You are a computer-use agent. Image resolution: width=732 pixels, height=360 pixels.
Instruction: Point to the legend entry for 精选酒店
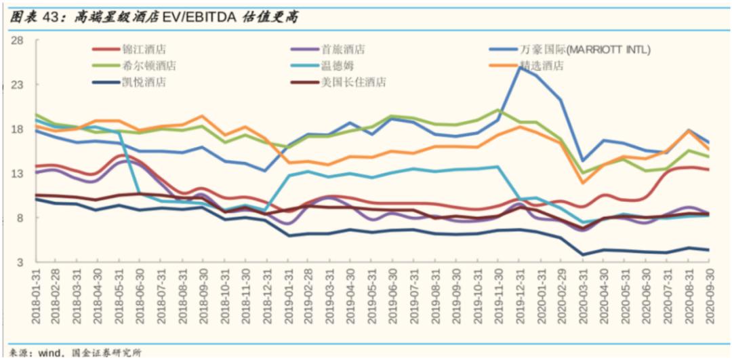[x=542, y=66]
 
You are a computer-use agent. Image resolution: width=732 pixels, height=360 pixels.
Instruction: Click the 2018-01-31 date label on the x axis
[x=36, y=296]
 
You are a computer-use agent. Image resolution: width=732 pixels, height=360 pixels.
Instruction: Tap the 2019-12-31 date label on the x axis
[x=521, y=296]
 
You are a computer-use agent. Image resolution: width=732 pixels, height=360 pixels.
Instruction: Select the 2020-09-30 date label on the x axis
[x=710, y=296]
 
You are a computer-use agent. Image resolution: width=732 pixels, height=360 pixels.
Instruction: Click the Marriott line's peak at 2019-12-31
[x=520, y=67]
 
